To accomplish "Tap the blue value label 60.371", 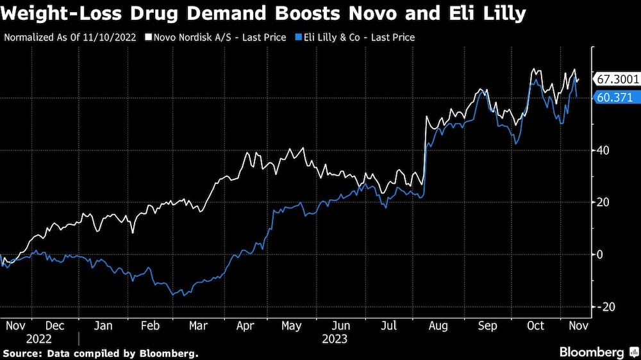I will pos(614,98).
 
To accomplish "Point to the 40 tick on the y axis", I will pos(604,151).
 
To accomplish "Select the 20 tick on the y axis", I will pos(604,202).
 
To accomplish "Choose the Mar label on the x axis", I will pos(198,326).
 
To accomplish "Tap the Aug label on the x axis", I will pos(438,326).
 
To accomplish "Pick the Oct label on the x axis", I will pos(535,326).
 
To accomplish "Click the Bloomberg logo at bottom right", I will pos(592,352).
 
